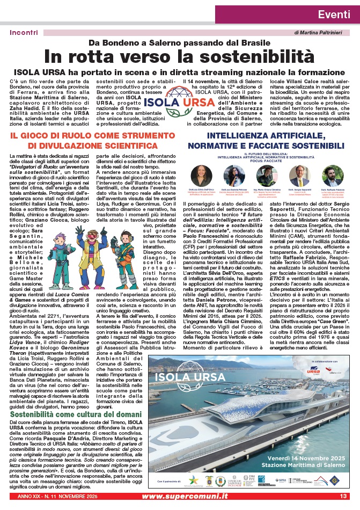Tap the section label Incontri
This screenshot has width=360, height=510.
24,32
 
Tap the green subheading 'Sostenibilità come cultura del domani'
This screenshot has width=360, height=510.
75,415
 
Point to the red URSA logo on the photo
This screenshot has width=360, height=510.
313,371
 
